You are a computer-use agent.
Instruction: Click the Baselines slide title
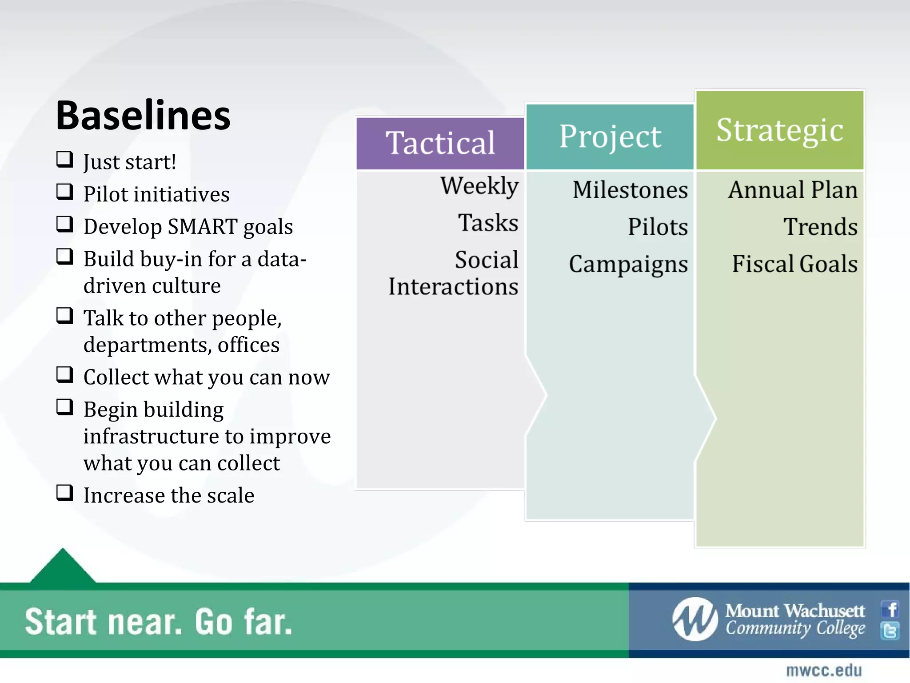(x=143, y=116)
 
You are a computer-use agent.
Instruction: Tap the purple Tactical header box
(x=440, y=143)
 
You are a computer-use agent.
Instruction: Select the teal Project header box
(x=610, y=137)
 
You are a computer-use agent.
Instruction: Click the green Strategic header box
(x=780, y=130)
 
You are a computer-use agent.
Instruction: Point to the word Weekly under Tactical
(x=479, y=185)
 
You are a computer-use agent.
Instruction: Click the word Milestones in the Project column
(x=630, y=190)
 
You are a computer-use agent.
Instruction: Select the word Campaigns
(x=628, y=264)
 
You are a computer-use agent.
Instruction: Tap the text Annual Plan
(x=793, y=190)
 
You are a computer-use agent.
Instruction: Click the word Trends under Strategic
(x=820, y=227)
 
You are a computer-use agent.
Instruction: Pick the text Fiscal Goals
(x=794, y=264)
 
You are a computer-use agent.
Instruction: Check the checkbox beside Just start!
(x=65, y=160)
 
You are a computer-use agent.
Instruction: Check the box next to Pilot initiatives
(x=65, y=192)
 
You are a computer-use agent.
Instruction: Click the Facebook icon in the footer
(x=890, y=609)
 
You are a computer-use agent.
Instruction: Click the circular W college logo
(x=695, y=619)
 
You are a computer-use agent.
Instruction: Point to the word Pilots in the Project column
(x=658, y=227)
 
